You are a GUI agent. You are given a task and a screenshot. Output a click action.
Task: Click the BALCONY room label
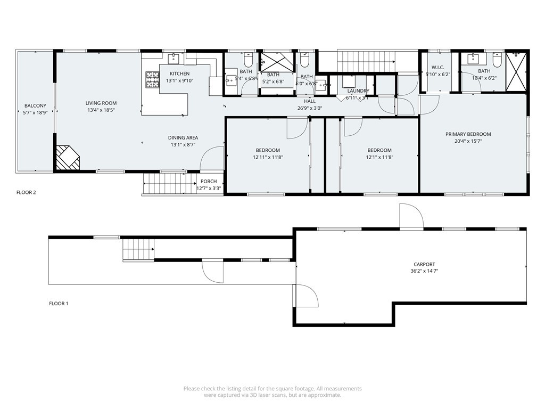point(35,106)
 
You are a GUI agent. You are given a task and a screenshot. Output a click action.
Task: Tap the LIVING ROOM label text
point(101,103)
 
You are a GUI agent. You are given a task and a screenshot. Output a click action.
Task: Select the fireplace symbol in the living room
point(67,158)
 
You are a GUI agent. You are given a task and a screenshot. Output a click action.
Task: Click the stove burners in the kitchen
point(152,80)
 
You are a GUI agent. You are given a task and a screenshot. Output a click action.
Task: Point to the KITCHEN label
point(179,73)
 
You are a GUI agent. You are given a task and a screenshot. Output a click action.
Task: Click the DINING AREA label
point(183,137)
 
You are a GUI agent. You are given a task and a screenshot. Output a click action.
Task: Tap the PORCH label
point(209,182)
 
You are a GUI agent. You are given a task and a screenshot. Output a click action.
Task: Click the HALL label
point(310,101)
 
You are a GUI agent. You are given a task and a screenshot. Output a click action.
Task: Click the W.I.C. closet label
point(437,68)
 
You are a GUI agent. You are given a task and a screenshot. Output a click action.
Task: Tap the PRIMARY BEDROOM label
point(468,134)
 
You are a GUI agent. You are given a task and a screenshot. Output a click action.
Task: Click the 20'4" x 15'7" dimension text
point(468,141)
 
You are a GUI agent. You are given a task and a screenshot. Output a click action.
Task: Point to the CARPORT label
point(424,264)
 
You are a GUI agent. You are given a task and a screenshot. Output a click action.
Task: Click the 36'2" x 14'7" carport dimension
point(424,271)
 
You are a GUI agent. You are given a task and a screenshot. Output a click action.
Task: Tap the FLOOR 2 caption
point(26,192)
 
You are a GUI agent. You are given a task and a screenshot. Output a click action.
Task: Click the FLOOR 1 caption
point(59,304)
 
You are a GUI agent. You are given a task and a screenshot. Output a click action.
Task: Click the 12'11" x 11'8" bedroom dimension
point(267,157)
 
